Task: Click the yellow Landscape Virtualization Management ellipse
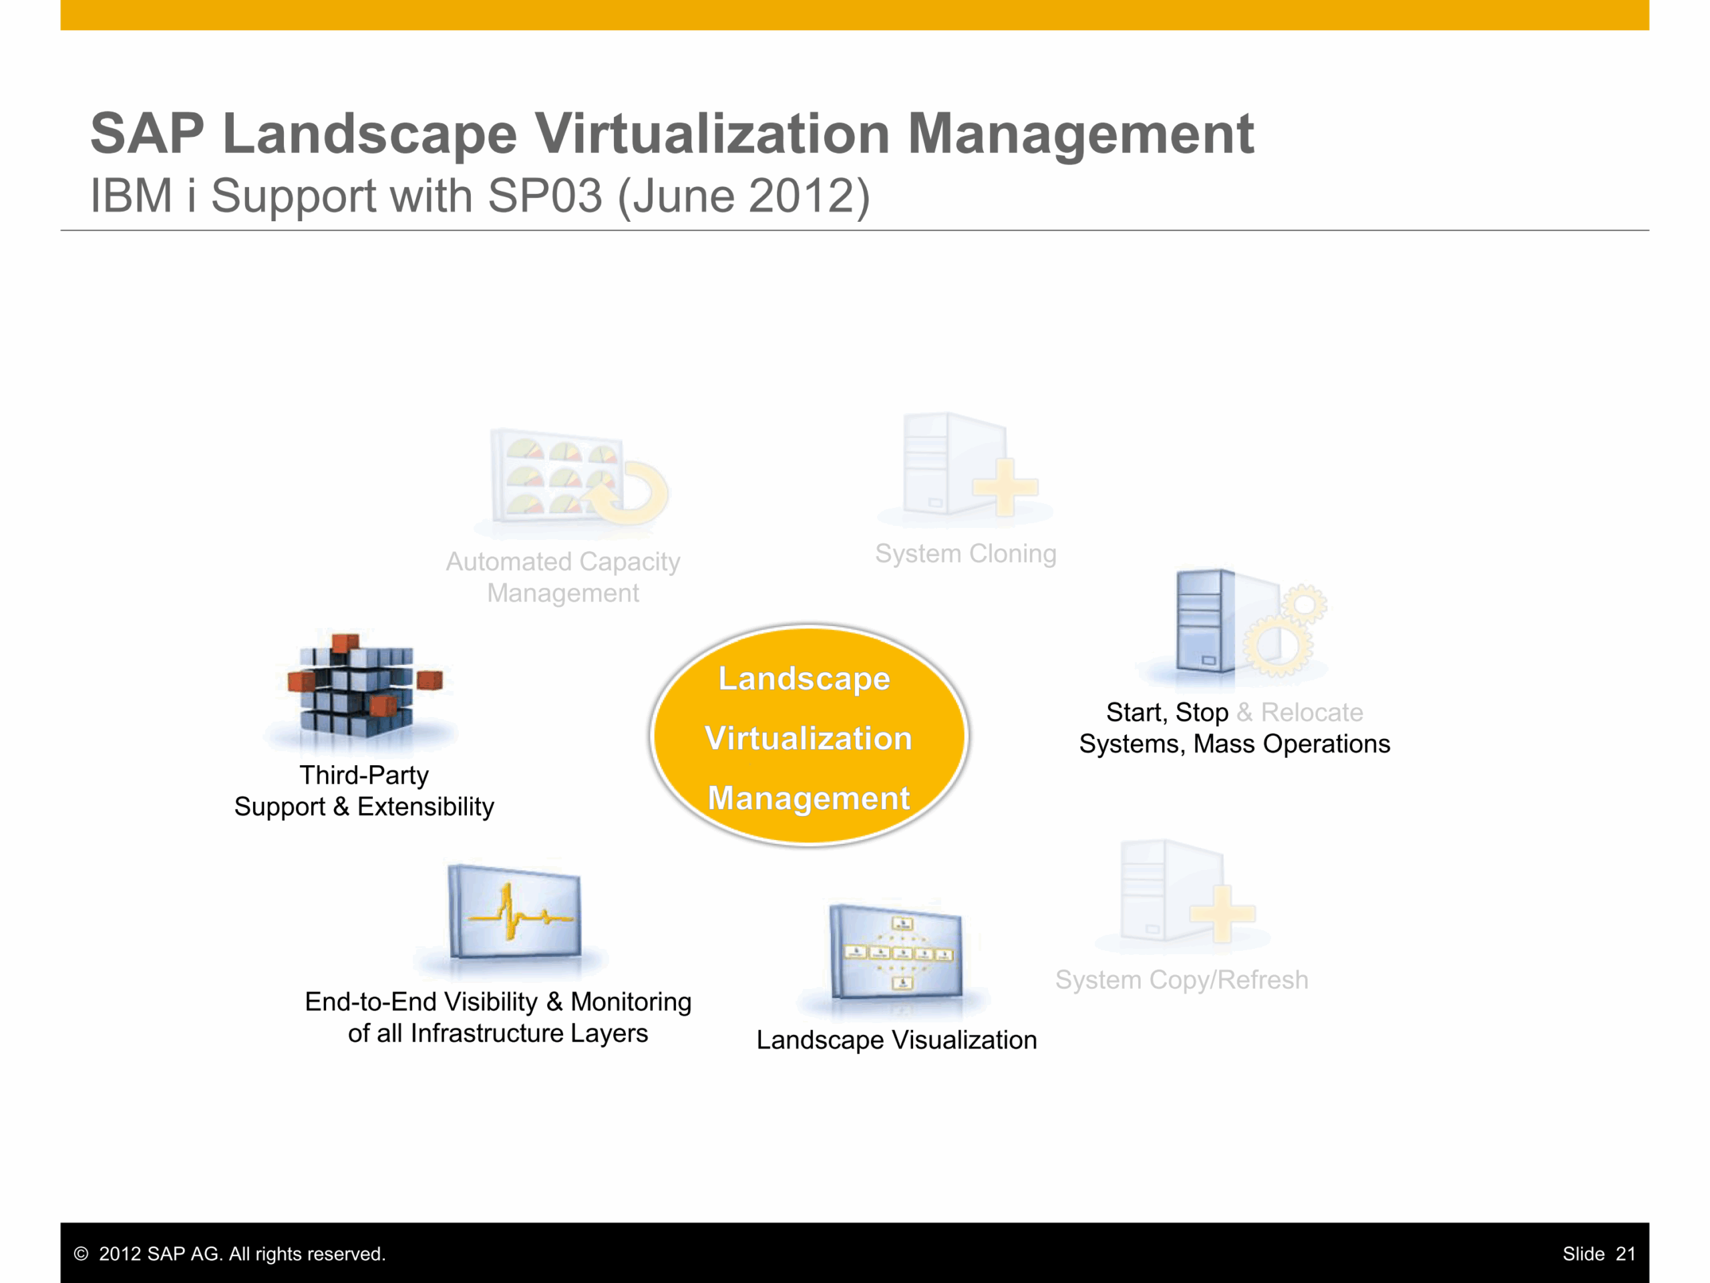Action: [x=810, y=736]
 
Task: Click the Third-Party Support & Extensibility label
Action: [x=364, y=791]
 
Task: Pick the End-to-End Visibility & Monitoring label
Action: [x=498, y=1017]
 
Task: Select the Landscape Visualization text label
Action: [x=896, y=1040]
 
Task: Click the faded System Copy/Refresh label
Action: [x=1182, y=980]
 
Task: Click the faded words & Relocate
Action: [x=1299, y=712]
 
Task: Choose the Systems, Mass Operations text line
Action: [x=1234, y=744]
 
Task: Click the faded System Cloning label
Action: [x=965, y=554]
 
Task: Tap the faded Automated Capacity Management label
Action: [x=563, y=577]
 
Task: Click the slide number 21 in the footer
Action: [x=1626, y=1254]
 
